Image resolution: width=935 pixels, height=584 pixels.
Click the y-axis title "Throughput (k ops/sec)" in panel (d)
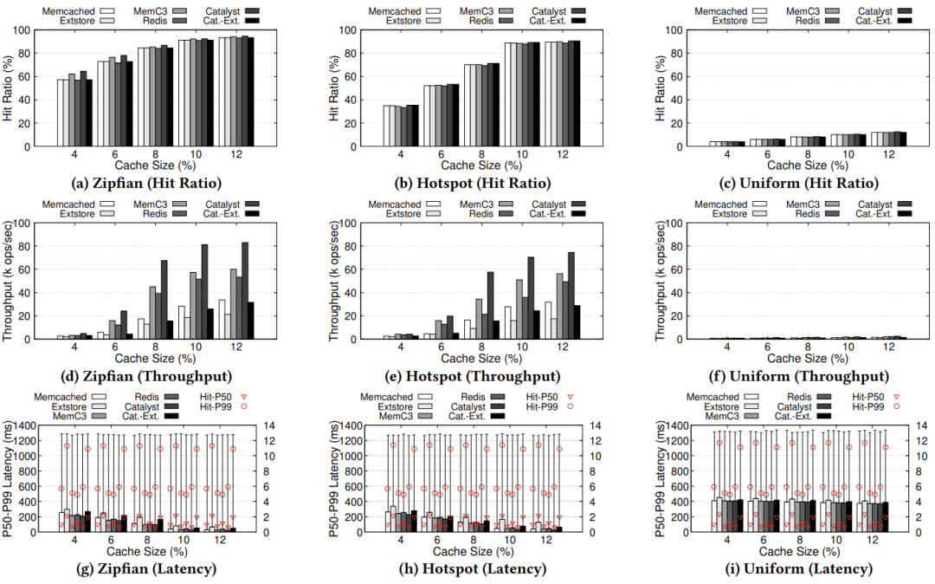tap(9, 281)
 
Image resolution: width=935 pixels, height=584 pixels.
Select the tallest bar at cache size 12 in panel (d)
tap(245, 290)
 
